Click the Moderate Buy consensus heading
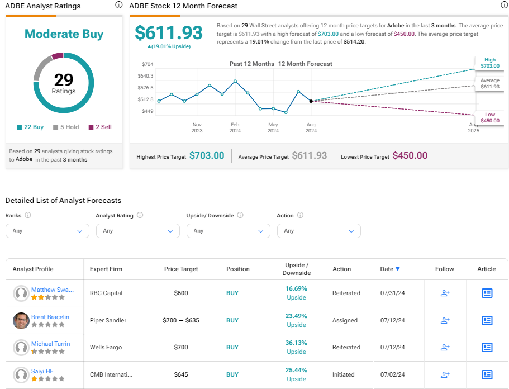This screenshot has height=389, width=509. click(64, 34)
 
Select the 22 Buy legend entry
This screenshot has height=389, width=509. click(30, 127)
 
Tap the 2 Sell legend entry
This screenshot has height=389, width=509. click(100, 127)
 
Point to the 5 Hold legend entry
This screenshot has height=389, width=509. click(66, 127)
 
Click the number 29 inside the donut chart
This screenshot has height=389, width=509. click(64, 79)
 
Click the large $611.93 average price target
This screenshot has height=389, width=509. click(169, 33)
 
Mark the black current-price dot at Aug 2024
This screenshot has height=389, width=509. click(311, 101)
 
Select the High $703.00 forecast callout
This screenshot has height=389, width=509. click(490, 63)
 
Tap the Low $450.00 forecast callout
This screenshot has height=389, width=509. click(490, 117)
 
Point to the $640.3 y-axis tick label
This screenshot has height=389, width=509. click(145, 76)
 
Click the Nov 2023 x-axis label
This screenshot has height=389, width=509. click(197, 127)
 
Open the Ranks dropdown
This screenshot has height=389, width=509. click(47, 231)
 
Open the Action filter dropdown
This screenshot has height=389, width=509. click(319, 231)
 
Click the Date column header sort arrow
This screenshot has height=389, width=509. click(398, 268)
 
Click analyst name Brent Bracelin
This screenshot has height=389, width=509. click(50, 317)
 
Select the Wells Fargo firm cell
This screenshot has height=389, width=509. click(106, 347)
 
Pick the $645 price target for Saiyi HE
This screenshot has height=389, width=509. click(181, 374)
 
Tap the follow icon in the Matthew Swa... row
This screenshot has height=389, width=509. click(445, 293)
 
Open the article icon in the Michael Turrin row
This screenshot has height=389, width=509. click(487, 347)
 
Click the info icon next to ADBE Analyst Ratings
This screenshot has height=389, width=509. click(119, 5)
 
